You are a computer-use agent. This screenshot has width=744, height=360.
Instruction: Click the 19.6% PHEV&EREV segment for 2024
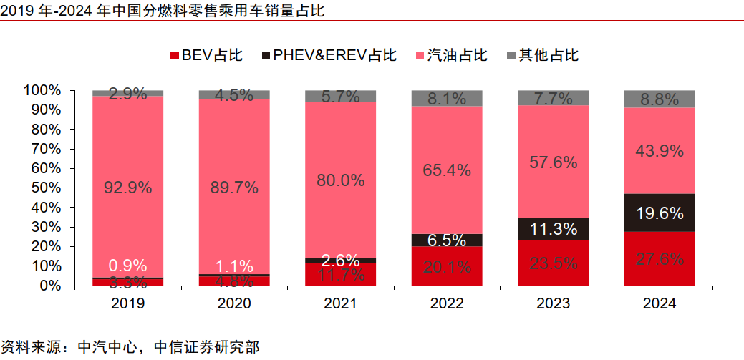pyautogui.click(x=660, y=213)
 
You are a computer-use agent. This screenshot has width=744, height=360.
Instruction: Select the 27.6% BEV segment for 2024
pyautogui.click(x=660, y=258)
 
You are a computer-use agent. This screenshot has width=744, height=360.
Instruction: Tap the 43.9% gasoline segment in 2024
pyautogui.click(x=660, y=151)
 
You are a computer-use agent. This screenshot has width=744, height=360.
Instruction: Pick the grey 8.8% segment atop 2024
pyautogui.click(x=660, y=99)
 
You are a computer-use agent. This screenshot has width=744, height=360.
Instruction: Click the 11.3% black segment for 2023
pyautogui.click(x=553, y=229)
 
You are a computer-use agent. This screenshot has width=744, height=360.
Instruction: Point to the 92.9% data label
pyautogui.click(x=127, y=188)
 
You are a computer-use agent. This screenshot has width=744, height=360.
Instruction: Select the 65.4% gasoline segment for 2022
pyautogui.click(x=447, y=170)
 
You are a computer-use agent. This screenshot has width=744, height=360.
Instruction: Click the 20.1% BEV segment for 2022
pyautogui.click(x=447, y=266)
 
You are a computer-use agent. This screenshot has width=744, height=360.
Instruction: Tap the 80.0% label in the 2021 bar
pyautogui.click(x=340, y=180)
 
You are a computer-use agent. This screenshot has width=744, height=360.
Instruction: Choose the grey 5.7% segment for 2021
pyautogui.click(x=340, y=97)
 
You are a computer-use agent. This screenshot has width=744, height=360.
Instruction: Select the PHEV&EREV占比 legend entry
pyautogui.click(x=329, y=55)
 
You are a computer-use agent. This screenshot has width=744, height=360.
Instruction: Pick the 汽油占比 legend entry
pyautogui.click(x=452, y=55)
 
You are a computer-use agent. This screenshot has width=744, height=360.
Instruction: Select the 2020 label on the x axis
pyautogui.click(x=234, y=303)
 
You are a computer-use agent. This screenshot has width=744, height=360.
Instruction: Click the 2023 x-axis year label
pyautogui.click(x=553, y=303)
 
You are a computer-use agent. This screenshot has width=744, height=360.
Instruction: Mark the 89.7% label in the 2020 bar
pyautogui.click(x=234, y=188)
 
